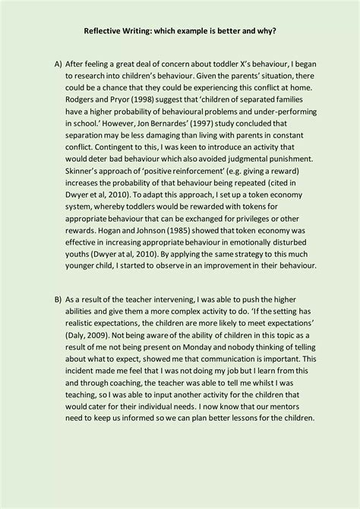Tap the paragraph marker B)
coord(58,301)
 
